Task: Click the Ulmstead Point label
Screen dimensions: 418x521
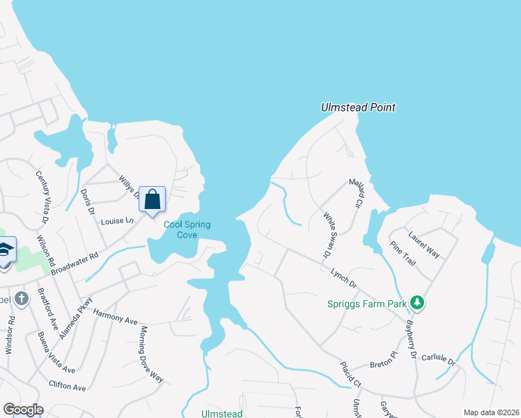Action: point(358,107)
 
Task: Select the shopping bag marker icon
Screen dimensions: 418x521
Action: point(153,199)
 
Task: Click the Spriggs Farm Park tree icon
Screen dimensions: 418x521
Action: point(417,302)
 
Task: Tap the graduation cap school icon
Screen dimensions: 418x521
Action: point(4,249)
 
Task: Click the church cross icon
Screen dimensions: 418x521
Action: point(22,299)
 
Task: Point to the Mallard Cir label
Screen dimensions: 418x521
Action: point(357,195)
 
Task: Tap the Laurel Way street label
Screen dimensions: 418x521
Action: point(424,245)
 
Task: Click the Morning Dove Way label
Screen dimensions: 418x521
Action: point(152,354)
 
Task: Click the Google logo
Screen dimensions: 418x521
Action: point(23,409)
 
